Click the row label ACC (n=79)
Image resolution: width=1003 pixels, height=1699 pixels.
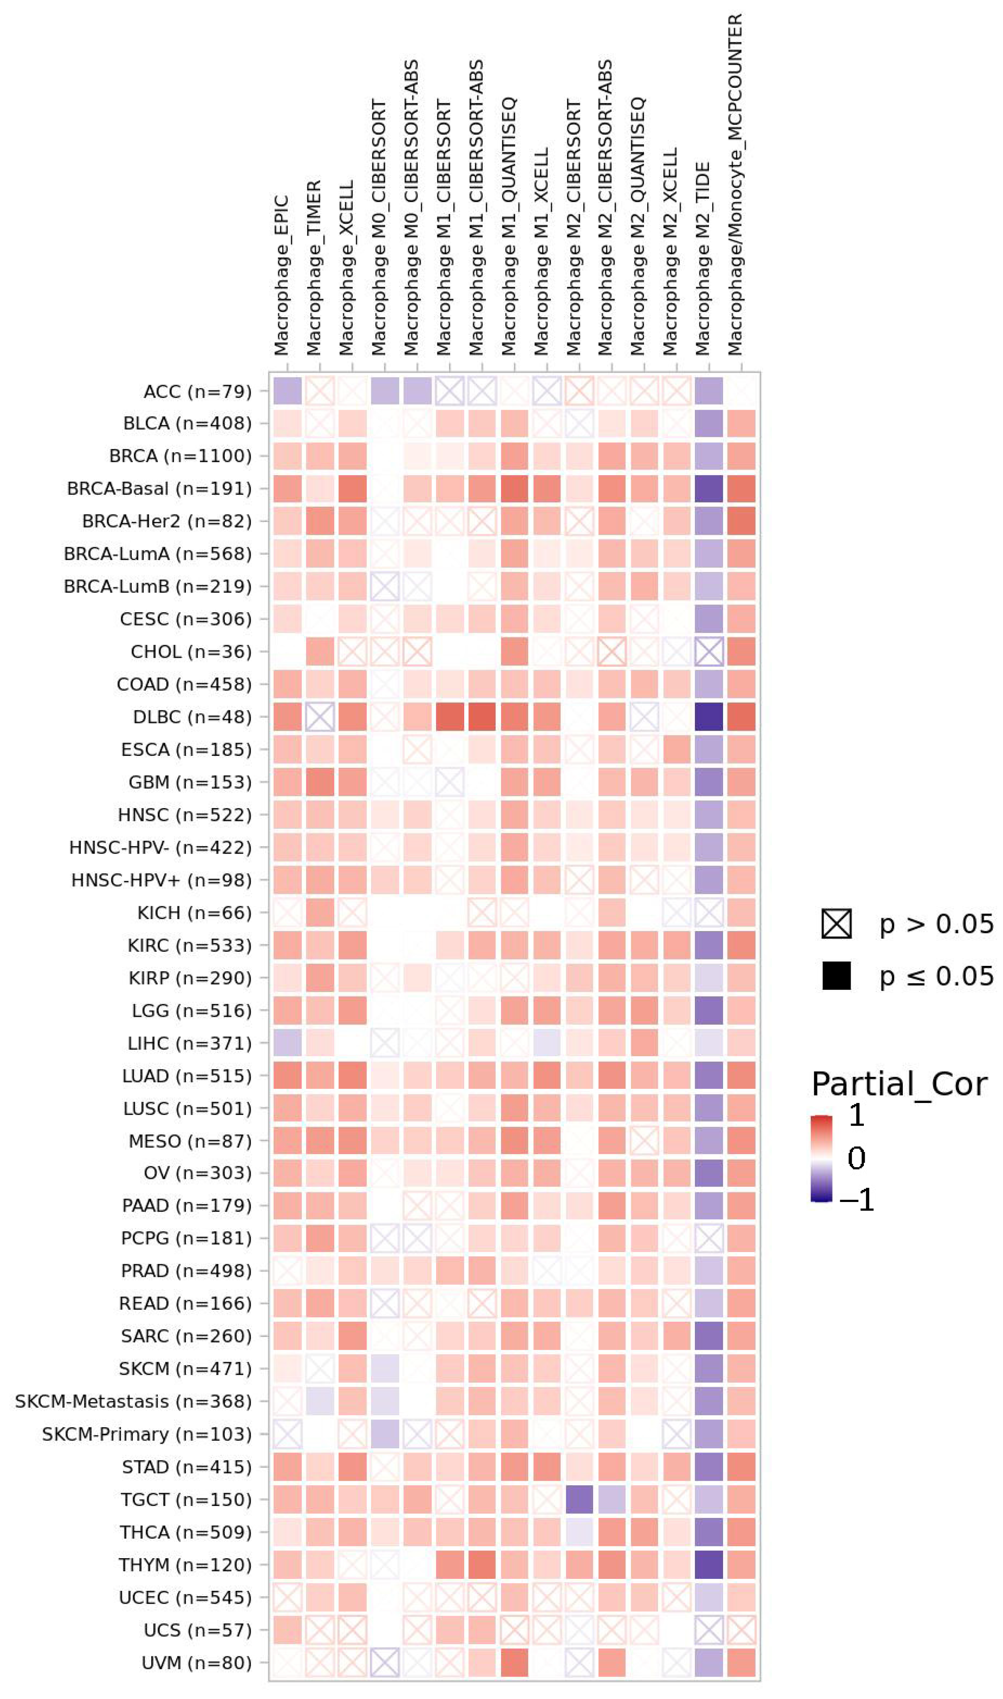198,391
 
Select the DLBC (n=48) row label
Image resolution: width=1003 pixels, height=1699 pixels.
192,717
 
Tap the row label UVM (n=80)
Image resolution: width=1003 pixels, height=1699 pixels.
196,1663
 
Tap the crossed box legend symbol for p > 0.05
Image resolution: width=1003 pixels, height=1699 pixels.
836,924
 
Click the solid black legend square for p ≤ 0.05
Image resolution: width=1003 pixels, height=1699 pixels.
836,976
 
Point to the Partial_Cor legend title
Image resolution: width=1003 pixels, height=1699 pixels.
899,1084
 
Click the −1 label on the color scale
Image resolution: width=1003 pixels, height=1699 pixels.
856,1200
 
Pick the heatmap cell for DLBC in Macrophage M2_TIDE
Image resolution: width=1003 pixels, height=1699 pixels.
709,717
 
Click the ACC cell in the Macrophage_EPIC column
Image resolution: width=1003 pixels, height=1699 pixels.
287,391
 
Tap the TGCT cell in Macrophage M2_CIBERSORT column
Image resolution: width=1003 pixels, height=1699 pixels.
579,1500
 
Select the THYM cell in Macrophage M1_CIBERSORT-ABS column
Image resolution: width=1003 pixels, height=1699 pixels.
482,1564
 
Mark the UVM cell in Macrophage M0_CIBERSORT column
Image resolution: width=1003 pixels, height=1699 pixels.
385,1663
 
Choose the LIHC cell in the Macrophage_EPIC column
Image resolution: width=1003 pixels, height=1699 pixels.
287,1043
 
